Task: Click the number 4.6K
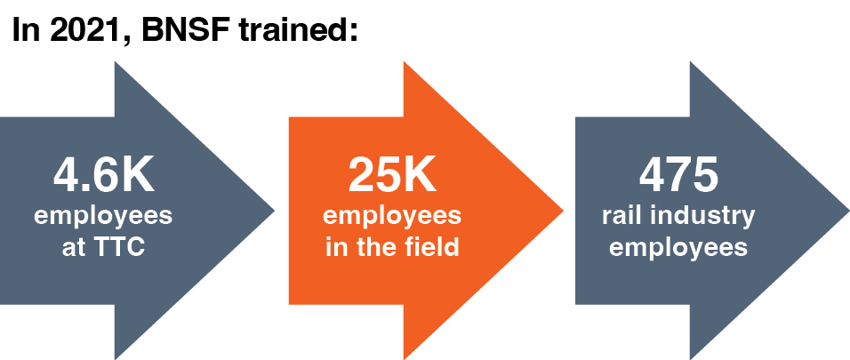104,175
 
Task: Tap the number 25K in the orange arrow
391,175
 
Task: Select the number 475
678,175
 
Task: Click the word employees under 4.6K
103,218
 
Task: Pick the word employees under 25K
391,218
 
